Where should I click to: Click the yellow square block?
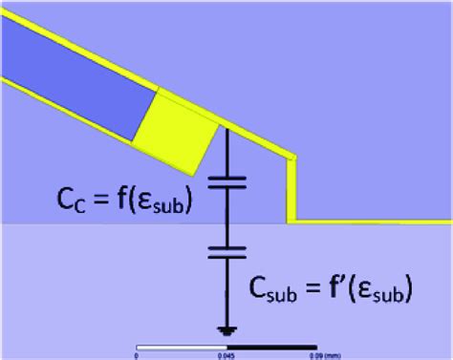(x=176, y=133)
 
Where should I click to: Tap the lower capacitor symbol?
(x=226, y=250)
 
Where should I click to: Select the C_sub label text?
(x=272, y=287)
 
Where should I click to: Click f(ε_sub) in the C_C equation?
(x=154, y=201)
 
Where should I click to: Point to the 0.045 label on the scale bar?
(x=226, y=353)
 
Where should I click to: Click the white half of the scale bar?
(x=182, y=345)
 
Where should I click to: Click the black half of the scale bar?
(x=271, y=345)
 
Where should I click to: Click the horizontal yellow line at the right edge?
(x=373, y=221)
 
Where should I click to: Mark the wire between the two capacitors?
(x=226, y=215)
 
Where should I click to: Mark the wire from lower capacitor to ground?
(x=226, y=291)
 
